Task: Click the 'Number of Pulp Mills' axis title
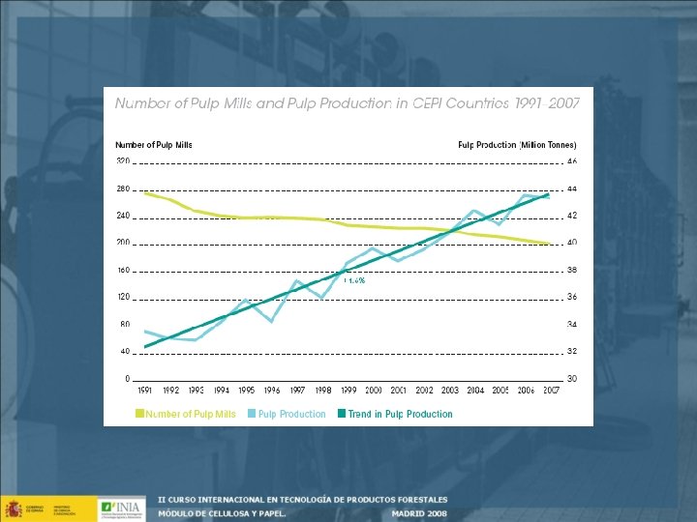[x=154, y=145]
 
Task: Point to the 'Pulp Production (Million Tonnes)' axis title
[x=517, y=145]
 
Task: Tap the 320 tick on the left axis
[x=123, y=160]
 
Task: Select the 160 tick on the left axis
[x=123, y=270]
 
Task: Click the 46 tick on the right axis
[x=572, y=160]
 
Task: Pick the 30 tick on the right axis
[x=572, y=378]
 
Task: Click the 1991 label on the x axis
[x=145, y=391]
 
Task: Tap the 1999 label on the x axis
[x=348, y=391]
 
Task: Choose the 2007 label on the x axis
[x=552, y=391]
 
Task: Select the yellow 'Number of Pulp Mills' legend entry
[x=186, y=414]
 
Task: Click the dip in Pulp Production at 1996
[x=272, y=320]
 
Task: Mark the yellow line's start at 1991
[x=145, y=193]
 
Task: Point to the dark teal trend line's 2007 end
[x=549, y=195]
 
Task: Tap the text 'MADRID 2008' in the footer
[x=419, y=513]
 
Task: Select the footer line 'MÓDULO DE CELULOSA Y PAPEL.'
[x=223, y=513]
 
